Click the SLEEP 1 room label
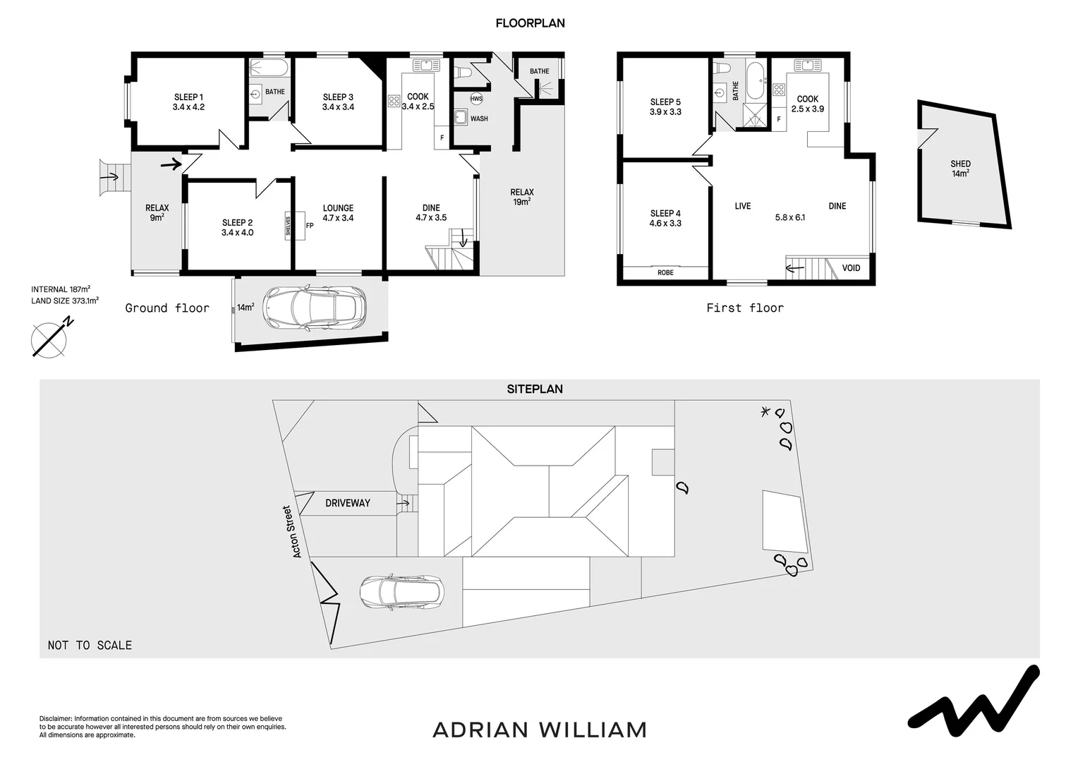pos(188,102)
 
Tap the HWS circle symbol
pos(476,99)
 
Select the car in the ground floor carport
pos(314,308)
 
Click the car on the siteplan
pos(401,592)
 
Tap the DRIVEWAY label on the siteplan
pos(348,503)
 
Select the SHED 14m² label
pos(960,168)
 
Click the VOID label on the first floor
pos(851,268)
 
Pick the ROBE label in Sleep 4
pos(665,272)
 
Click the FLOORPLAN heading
pos(530,23)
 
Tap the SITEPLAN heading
pos(535,389)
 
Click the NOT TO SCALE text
pos(90,645)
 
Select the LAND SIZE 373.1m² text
pos(65,301)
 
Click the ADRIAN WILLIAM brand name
pos(540,730)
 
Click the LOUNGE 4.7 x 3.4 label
pos(338,213)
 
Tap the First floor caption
pos(745,308)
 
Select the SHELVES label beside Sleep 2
pos(289,226)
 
